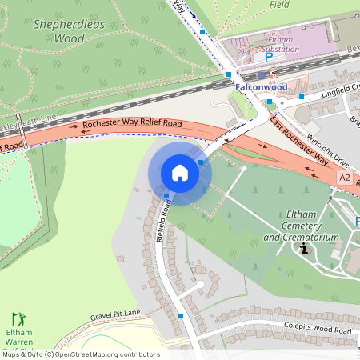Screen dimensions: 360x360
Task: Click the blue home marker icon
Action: (180, 173)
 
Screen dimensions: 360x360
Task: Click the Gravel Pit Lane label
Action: (115, 314)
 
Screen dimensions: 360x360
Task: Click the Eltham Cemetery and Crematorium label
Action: (301, 226)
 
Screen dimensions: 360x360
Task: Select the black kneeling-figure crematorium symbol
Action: (304, 249)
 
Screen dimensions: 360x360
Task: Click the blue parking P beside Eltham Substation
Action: (269, 58)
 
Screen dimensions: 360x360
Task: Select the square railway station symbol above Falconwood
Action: (262, 75)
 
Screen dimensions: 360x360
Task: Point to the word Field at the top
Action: (279, 4)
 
